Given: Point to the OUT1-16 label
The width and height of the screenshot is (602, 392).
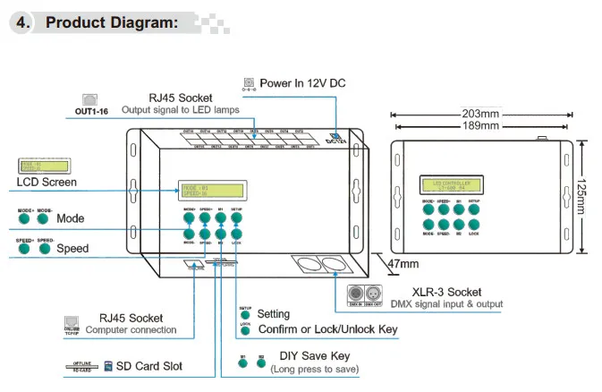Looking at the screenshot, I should point(91,112).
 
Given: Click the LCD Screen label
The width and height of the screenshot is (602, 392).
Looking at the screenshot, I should point(47,182).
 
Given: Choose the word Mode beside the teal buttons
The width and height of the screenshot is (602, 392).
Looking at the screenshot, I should point(71,218).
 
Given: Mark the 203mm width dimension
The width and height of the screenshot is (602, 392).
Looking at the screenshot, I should point(481,115).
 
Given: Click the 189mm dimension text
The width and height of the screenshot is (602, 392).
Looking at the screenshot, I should point(481,126).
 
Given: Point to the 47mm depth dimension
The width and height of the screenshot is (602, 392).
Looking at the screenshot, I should point(403,264).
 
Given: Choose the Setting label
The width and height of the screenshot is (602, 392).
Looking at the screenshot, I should point(273,314).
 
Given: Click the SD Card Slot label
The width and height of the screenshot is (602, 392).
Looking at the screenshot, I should point(148,367).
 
